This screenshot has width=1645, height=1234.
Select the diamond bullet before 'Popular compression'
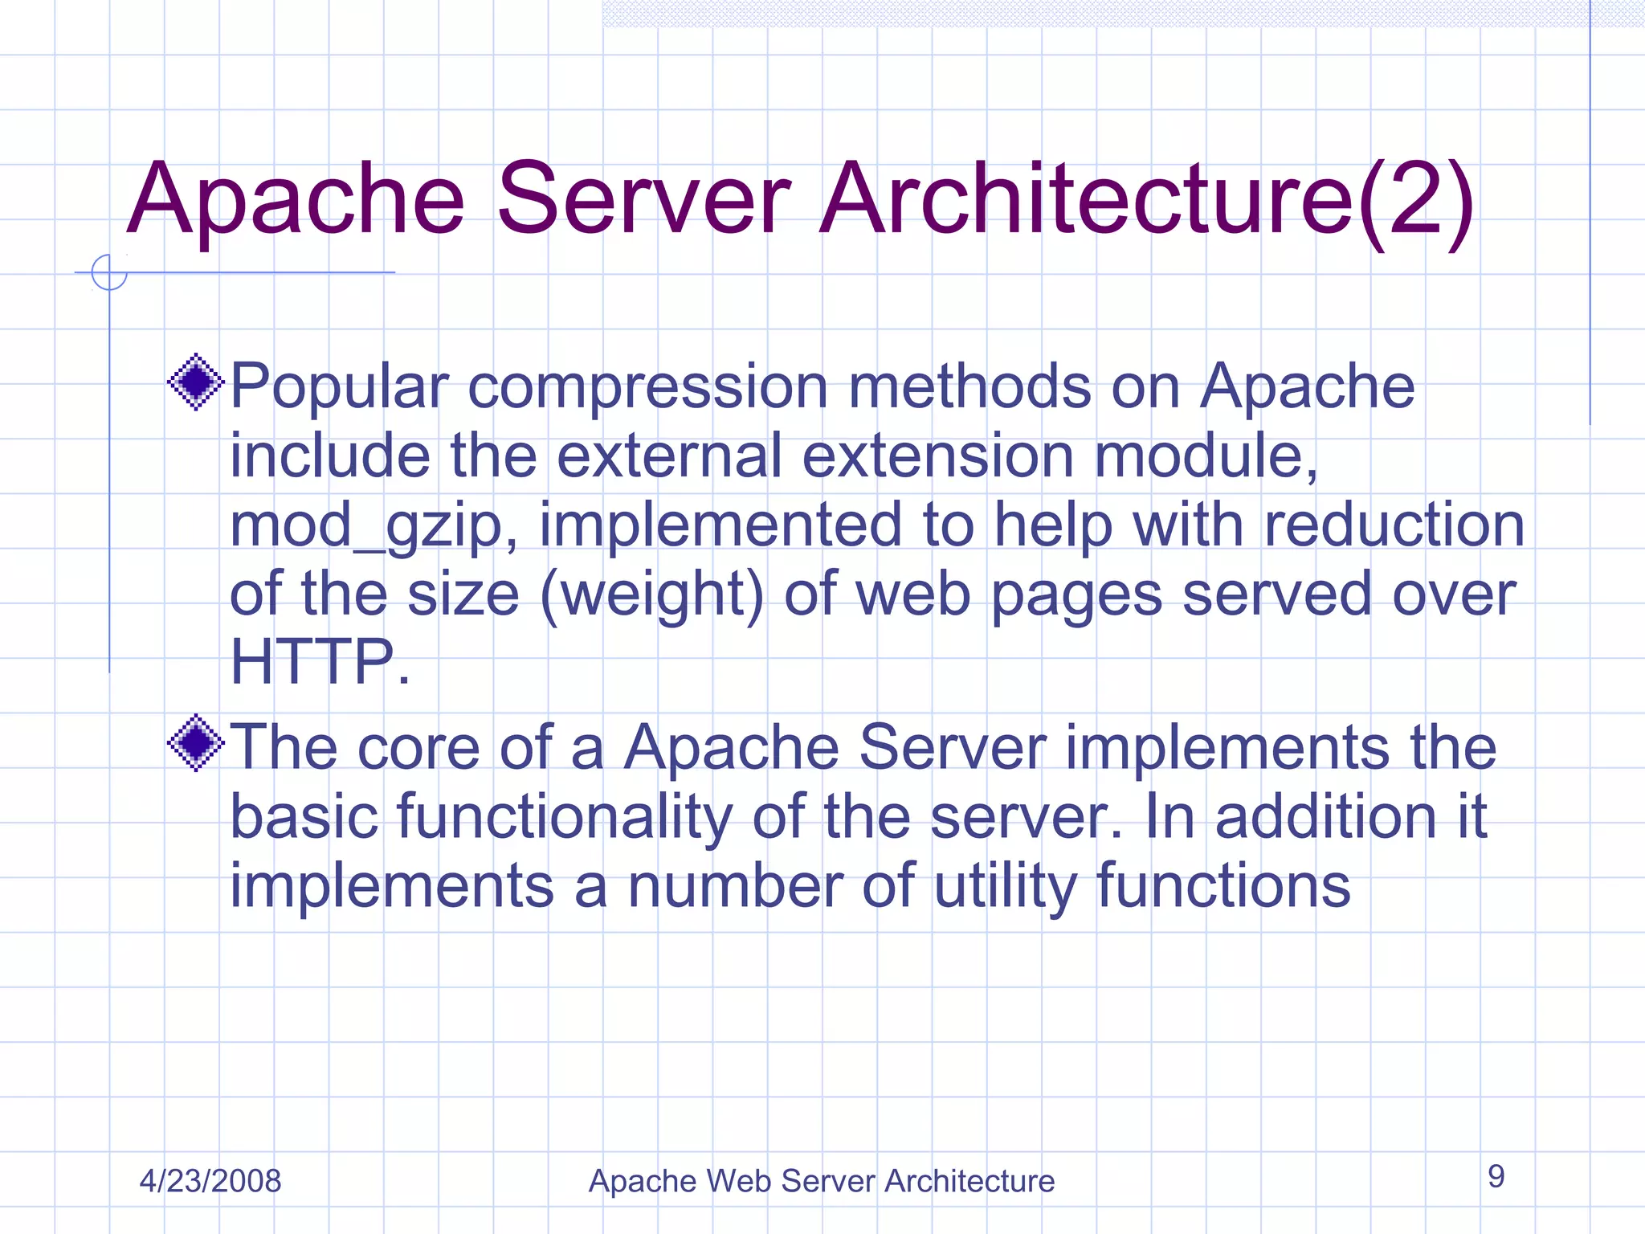(196, 382)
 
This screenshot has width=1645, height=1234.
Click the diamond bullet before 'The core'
(196, 743)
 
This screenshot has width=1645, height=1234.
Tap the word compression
(647, 388)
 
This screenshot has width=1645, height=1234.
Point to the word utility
(1005, 888)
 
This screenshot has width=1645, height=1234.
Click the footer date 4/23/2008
(210, 1181)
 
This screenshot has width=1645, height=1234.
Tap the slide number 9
(1496, 1176)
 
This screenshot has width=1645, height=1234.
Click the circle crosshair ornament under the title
(109, 272)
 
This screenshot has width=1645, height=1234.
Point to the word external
(669, 456)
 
